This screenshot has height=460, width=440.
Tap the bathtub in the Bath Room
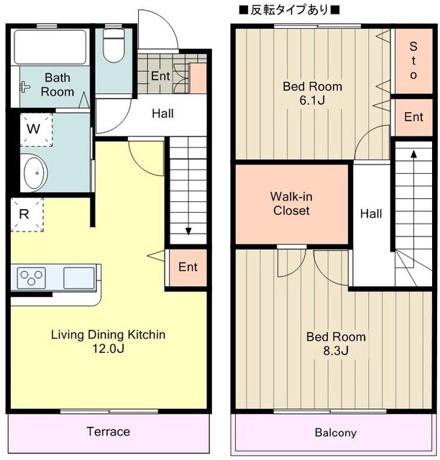click(x=50, y=47)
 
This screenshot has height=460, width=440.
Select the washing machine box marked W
click(x=36, y=129)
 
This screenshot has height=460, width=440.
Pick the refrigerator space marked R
click(x=27, y=214)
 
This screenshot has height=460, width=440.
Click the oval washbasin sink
click(x=35, y=172)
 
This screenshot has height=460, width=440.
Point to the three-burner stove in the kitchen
click(x=31, y=277)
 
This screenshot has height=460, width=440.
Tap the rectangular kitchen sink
click(x=79, y=277)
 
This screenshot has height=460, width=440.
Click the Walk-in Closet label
click(x=291, y=203)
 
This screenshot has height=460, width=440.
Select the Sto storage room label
click(x=413, y=60)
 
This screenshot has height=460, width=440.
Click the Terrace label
click(x=109, y=431)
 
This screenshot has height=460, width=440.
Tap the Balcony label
click(x=336, y=433)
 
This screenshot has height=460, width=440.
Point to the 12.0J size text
click(x=109, y=349)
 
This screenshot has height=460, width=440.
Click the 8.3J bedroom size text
click(x=336, y=351)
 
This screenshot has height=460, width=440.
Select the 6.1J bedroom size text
click(x=312, y=101)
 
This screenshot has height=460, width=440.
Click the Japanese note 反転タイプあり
click(x=289, y=10)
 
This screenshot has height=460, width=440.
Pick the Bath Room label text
click(x=58, y=85)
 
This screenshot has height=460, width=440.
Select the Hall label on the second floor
click(x=371, y=213)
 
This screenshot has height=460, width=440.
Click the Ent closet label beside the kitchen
click(x=188, y=267)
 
